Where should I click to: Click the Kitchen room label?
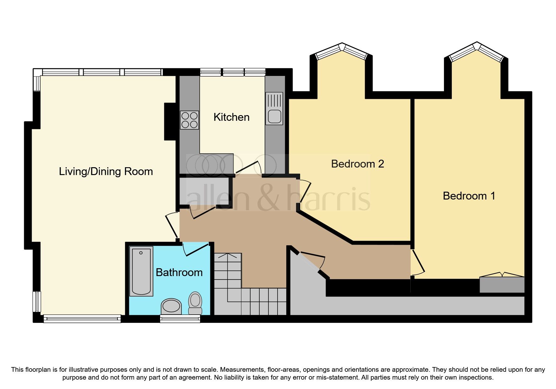tap(231, 117)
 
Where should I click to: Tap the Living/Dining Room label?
tap(106, 172)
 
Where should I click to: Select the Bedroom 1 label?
tap(469, 196)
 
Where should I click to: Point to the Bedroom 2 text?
tap(357, 164)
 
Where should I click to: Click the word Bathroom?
tap(179, 273)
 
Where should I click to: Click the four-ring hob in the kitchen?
tap(189, 120)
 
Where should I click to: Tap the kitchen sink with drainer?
tap(274, 109)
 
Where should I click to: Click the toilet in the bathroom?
tap(195, 303)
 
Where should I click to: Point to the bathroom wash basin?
tap(171, 306)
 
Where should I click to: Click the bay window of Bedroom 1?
tap(477, 52)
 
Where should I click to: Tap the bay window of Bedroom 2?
tap(342, 51)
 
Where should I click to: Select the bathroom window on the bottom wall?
tap(180, 319)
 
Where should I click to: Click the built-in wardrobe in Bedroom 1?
tap(502, 285)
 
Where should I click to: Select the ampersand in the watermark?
tap(268, 198)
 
